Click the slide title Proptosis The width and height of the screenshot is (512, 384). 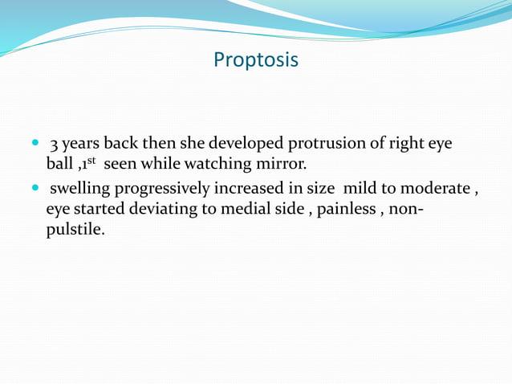[256, 60]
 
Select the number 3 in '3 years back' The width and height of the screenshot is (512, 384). [55, 145]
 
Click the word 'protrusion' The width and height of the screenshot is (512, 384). [323, 145]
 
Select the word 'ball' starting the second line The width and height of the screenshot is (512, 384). [60, 165]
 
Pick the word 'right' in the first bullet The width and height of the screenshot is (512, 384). [406, 145]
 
